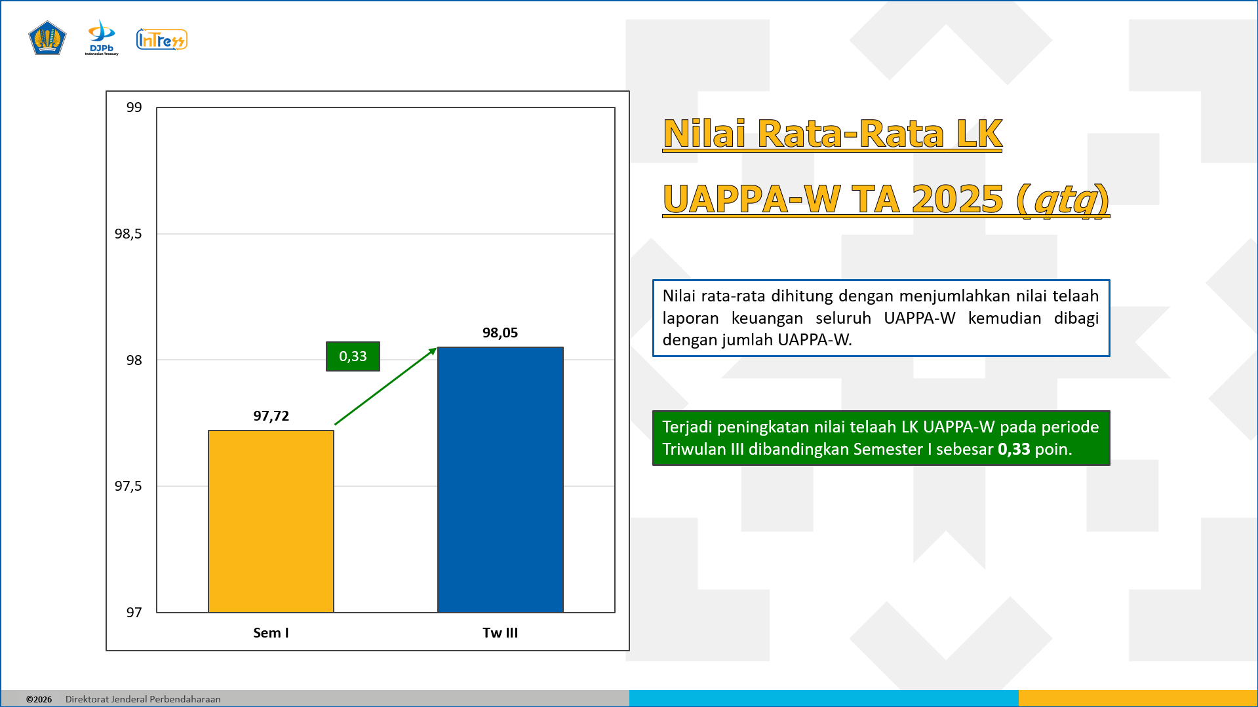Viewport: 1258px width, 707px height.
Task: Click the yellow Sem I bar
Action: [x=271, y=522]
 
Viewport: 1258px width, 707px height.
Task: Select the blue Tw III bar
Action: [x=500, y=480]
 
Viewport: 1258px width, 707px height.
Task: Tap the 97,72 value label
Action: [x=271, y=416]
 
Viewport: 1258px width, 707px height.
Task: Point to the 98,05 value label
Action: [x=500, y=333]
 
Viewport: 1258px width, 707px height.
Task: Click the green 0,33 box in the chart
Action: [x=353, y=356]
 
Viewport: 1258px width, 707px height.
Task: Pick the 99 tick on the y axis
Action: [x=134, y=107]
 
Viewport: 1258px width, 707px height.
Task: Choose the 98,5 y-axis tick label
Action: [x=128, y=234]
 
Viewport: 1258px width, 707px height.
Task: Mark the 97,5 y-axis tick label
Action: [x=128, y=486]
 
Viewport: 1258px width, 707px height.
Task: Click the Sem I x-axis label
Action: [x=271, y=633]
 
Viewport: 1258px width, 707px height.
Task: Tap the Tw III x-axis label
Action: [x=500, y=633]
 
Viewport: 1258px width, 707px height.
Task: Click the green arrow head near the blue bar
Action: [x=433, y=351]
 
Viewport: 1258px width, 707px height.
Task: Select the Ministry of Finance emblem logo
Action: [x=47, y=39]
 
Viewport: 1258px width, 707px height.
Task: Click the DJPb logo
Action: [x=102, y=37]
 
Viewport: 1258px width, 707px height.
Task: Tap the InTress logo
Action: [x=162, y=40]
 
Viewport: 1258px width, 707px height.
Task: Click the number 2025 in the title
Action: [x=957, y=199]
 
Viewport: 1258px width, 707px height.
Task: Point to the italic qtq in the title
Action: [x=1065, y=200]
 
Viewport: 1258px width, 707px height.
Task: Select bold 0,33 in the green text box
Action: [x=1013, y=449]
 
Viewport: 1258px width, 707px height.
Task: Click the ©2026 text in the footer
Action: [x=39, y=699]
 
